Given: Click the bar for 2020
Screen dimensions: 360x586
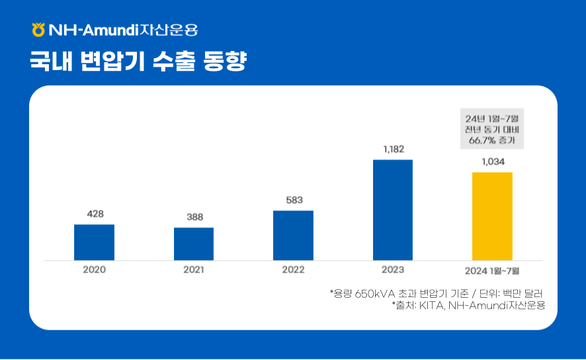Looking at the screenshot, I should click(x=94, y=242).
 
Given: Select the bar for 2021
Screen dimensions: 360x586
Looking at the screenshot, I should click(x=194, y=244).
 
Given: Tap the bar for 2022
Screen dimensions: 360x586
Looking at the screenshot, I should click(x=293, y=235).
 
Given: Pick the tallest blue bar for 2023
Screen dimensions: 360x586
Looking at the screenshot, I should click(x=393, y=210).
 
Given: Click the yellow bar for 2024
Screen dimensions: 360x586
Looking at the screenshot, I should click(x=492, y=216).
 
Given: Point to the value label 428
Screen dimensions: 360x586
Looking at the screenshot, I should click(x=95, y=214).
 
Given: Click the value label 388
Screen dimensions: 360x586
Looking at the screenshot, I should click(x=194, y=217).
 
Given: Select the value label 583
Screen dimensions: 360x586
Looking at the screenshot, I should click(x=294, y=200).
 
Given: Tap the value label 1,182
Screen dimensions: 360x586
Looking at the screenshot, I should click(x=394, y=149).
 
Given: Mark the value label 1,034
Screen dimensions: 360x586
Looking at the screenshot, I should click(x=493, y=161).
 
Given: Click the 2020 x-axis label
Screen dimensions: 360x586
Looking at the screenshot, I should click(x=94, y=270).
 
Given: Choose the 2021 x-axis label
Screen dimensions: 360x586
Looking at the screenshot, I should click(x=194, y=270).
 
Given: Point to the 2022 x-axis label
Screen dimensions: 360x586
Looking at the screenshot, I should click(x=293, y=270).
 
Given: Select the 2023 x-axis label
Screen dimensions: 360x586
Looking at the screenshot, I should click(x=393, y=270).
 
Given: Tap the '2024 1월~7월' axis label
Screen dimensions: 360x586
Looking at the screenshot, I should click(x=492, y=271).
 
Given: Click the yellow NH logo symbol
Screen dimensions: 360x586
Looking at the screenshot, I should click(x=38, y=30).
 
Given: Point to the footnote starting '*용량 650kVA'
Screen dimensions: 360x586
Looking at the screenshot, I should click(x=440, y=292).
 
